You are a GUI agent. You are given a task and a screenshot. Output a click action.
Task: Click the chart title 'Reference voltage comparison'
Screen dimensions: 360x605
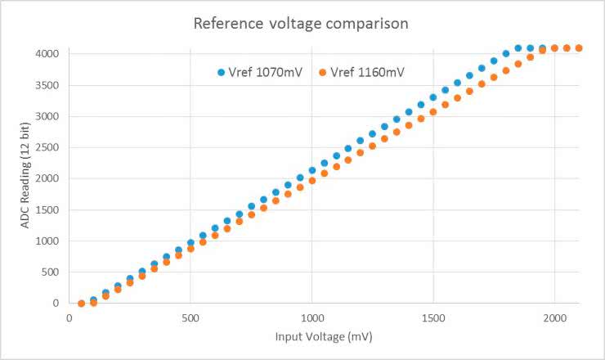(x=301, y=23)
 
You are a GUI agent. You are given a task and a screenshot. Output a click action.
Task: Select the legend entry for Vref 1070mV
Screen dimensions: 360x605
(x=260, y=72)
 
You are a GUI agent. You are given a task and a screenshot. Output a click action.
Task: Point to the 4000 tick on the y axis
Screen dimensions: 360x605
(x=47, y=53)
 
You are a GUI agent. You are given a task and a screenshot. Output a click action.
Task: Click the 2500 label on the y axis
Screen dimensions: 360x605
(x=47, y=147)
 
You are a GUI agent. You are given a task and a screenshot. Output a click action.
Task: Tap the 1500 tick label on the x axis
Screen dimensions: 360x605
(x=433, y=317)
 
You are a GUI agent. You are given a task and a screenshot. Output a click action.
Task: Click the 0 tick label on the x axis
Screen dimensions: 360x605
(x=69, y=317)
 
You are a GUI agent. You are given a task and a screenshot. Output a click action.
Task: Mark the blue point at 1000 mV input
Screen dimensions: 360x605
(x=311, y=170)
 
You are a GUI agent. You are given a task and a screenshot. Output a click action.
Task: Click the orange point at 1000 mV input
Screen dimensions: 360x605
(x=311, y=180)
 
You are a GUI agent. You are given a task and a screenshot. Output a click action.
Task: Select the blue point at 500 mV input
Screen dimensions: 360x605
(x=190, y=242)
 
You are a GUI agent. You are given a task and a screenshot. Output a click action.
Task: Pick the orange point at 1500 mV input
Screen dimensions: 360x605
(x=433, y=111)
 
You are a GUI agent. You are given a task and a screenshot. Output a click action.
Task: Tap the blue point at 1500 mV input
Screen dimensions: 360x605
(x=433, y=97)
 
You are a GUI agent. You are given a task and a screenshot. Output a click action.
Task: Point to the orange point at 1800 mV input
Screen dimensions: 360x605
(x=506, y=70)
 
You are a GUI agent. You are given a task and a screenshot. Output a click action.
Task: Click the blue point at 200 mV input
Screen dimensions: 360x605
(x=118, y=286)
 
